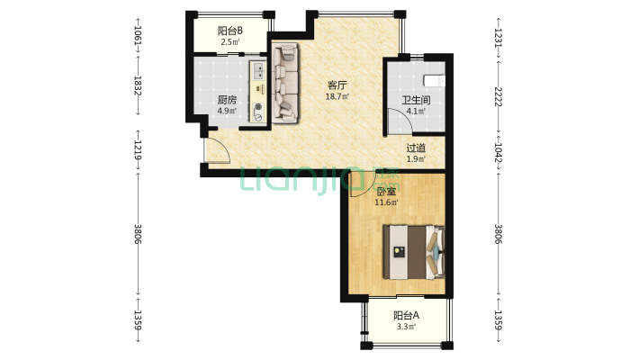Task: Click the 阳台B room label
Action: pyautogui.click(x=229, y=31)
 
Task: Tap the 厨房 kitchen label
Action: pyautogui.click(x=227, y=100)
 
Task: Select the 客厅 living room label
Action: pyautogui.click(x=337, y=85)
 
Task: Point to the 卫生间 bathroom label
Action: pyautogui.click(x=416, y=100)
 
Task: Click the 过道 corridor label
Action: pyautogui.click(x=416, y=148)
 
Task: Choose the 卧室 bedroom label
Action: pyautogui.click(x=386, y=191)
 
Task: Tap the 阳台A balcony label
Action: pyautogui.click(x=406, y=316)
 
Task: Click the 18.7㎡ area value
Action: pyautogui.click(x=337, y=96)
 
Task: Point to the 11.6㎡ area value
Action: pyautogui.click(x=386, y=202)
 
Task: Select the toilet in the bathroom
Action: pyautogui.click(x=434, y=80)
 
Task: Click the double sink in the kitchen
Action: pyautogui.click(x=258, y=70)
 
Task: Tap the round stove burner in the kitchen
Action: pyautogui.click(x=258, y=108)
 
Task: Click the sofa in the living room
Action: pyautogui.click(x=285, y=83)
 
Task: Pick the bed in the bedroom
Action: pyautogui.click(x=414, y=252)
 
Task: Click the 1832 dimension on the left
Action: pyautogui.click(x=138, y=85)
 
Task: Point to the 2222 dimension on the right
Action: pyautogui.click(x=498, y=96)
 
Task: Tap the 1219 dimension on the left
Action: pyautogui.click(x=138, y=150)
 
